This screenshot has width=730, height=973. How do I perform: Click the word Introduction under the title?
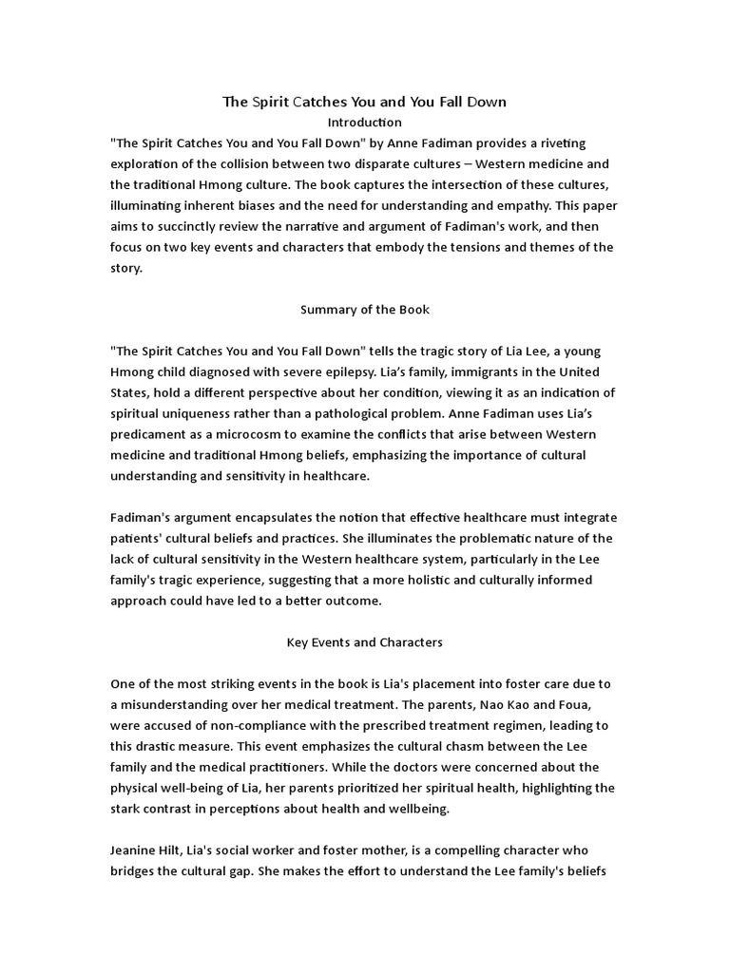pyautogui.click(x=365, y=123)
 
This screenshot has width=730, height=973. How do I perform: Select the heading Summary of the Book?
pyautogui.click(x=365, y=309)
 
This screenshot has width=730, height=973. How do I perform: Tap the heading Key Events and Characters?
pyautogui.click(x=365, y=642)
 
